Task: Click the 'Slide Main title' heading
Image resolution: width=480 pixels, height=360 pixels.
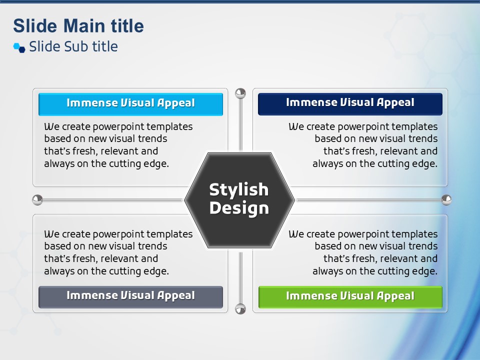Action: click(x=78, y=25)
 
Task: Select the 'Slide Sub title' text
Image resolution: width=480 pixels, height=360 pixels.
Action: click(x=73, y=46)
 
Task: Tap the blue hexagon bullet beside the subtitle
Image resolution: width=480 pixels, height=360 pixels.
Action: click(x=19, y=48)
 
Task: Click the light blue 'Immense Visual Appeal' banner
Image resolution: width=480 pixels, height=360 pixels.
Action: click(x=130, y=104)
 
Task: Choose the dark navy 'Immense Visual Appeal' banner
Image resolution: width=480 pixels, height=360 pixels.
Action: click(x=350, y=104)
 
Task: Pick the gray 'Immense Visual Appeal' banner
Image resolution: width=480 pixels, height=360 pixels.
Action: click(x=130, y=297)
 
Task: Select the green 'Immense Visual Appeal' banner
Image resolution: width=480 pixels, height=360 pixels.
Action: click(x=350, y=297)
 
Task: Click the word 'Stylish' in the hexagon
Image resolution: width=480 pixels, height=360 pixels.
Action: click(x=239, y=190)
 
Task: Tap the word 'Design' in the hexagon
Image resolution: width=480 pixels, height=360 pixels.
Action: click(x=239, y=208)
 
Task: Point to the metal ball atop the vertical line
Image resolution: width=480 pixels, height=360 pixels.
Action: click(x=240, y=93)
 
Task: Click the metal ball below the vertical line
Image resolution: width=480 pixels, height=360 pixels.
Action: click(x=240, y=309)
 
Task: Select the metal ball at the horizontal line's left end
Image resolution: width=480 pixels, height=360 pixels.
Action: click(x=37, y=200)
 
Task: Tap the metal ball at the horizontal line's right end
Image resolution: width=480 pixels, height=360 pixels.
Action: click(x=446, y=200)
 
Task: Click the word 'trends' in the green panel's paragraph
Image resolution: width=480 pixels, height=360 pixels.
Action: click(x=423, y=246)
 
